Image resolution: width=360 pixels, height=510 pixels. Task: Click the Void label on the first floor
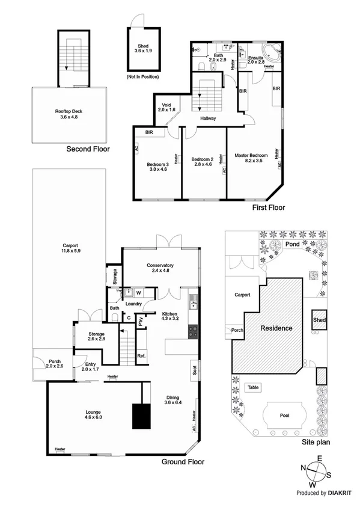coord(166,105)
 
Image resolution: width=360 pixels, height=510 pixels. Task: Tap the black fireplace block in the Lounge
coord(141,416)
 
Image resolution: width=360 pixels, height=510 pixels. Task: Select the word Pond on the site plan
coord(293,245)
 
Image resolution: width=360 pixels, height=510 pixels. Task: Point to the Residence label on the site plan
coord(276,328)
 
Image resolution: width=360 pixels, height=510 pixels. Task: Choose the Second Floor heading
coord(88,149)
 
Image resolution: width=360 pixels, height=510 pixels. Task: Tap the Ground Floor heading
coord(183,462)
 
